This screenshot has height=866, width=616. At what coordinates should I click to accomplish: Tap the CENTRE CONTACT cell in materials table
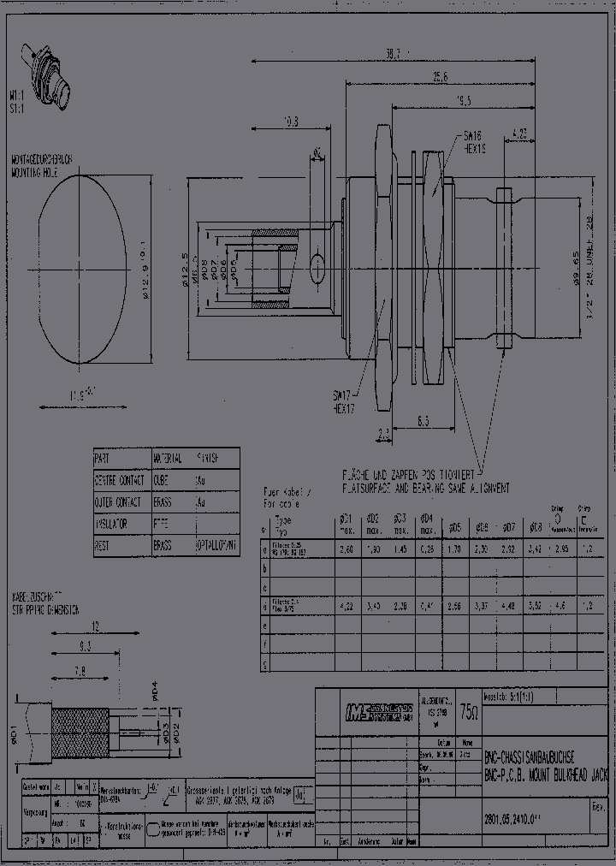click(x=121, y=481)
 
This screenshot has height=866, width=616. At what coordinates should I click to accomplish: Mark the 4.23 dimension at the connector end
click(x=518, y=133)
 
